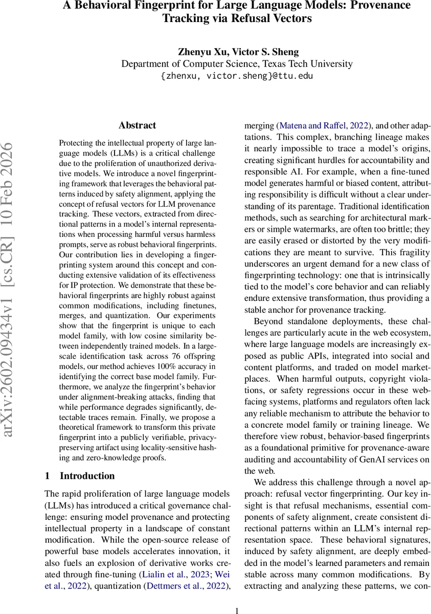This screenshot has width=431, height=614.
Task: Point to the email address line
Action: click(x=236, y=76)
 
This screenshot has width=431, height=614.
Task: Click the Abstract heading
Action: click(x=137, y=125)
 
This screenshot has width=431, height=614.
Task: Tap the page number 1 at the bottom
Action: click(x=237, y=610)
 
